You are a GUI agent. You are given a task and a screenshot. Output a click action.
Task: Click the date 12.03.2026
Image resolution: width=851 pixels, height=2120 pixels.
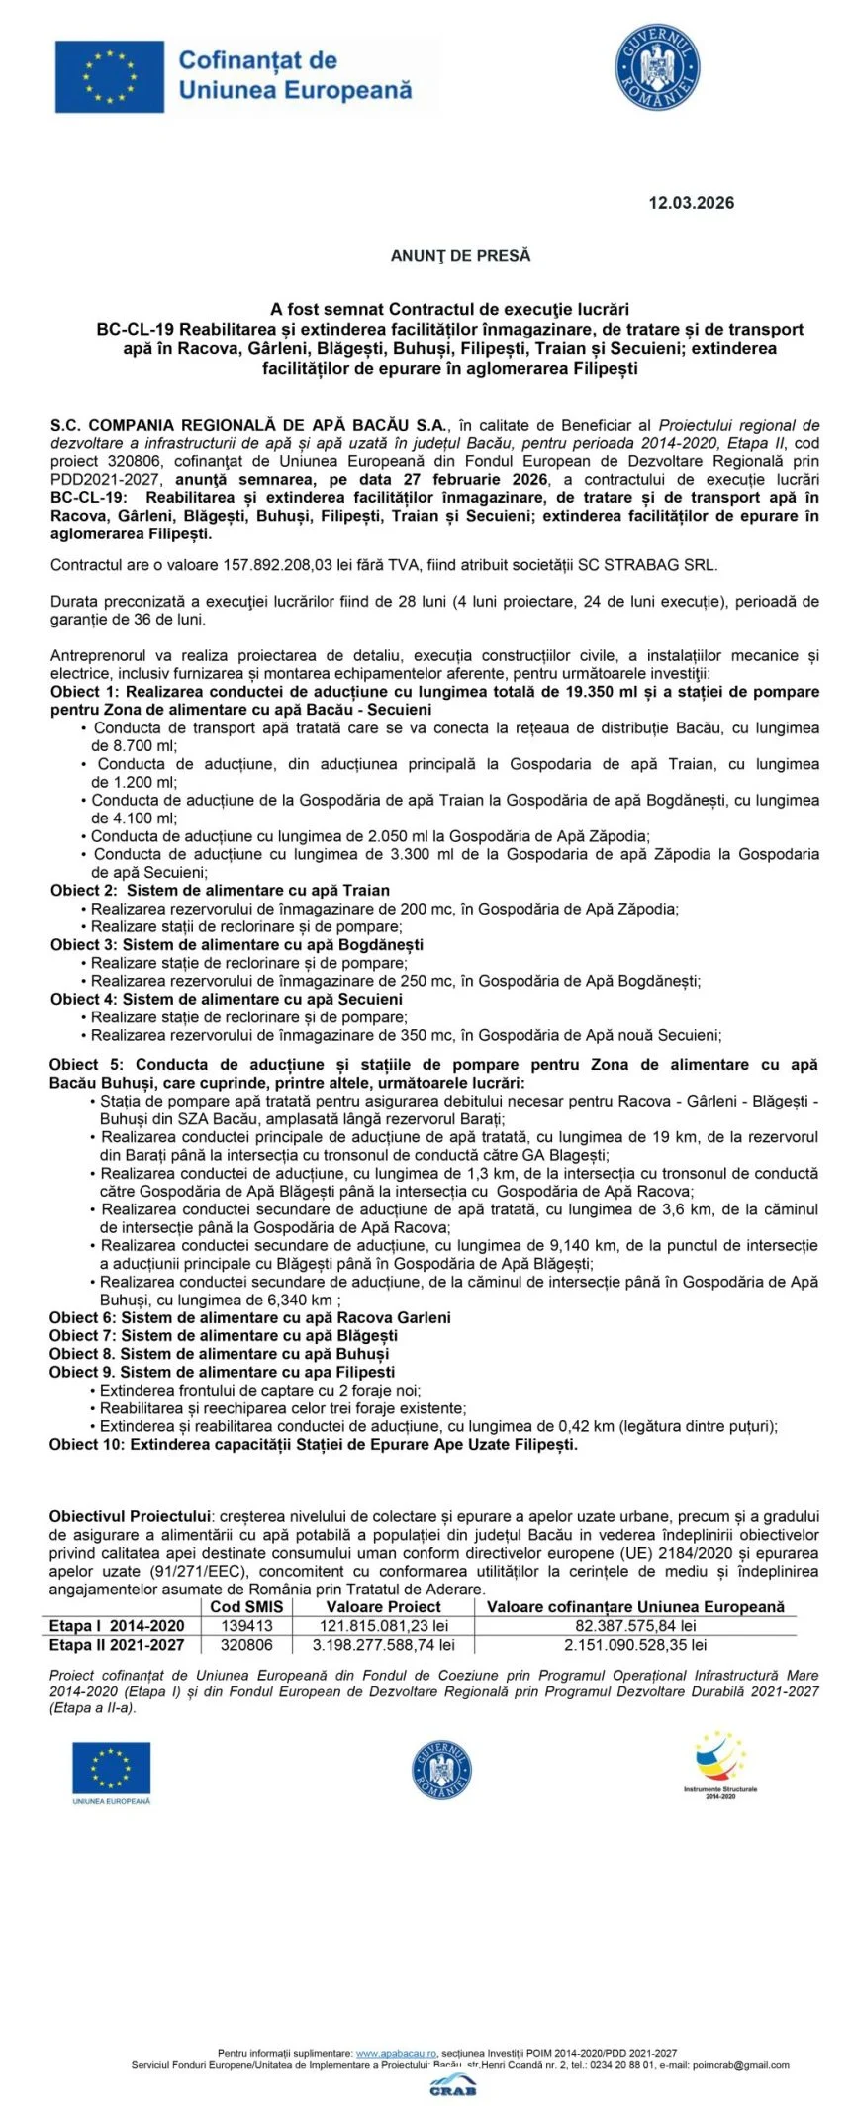tap(691, 203)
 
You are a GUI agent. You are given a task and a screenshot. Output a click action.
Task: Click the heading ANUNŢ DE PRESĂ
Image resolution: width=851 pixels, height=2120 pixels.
tap(460, 256)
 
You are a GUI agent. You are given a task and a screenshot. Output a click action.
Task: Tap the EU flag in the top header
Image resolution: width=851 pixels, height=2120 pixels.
tap(110, 76)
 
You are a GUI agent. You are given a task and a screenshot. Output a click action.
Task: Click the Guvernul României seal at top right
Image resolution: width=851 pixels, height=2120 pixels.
tap(657, 67)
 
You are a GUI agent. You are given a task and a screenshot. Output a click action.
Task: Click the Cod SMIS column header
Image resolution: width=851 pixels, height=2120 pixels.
tap(246, 1607)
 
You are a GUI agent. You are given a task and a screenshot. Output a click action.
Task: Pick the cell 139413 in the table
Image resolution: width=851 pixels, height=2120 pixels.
tap(246, 1626)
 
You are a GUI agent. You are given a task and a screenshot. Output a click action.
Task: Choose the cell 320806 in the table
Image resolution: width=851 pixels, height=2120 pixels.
tap(246, 1645)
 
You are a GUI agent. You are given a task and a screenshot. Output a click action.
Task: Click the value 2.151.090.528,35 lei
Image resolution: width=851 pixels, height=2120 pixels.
tap(635, 1645)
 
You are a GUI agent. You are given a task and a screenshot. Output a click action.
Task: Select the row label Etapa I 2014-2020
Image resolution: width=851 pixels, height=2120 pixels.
tap(117, 1626)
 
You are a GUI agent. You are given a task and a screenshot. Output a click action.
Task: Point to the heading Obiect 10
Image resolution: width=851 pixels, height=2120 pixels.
tap(314, 1445)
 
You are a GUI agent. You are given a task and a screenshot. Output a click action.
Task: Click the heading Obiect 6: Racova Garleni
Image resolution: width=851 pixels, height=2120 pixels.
tap(250, 1318)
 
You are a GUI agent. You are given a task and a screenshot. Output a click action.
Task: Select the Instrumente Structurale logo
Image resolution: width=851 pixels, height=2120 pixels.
tap(719, 1766)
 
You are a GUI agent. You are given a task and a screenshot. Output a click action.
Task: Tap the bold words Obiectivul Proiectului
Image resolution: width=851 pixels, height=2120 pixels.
tap(130, 1516)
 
